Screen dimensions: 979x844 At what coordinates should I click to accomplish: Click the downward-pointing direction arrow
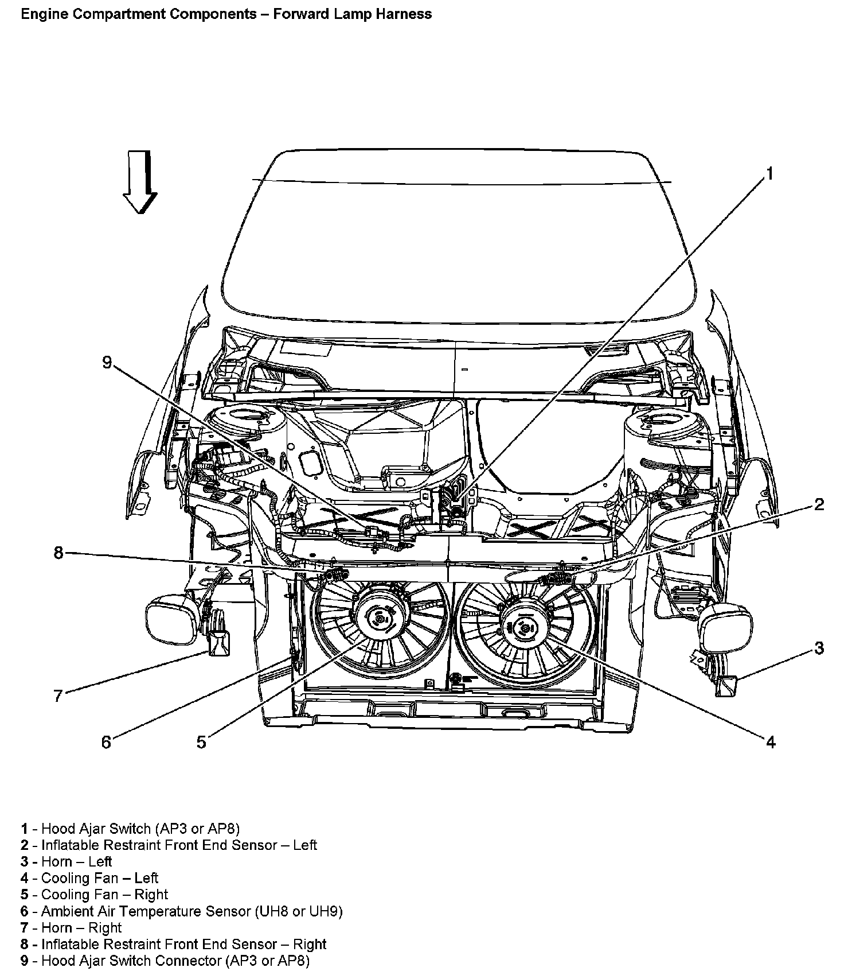pos(140,182)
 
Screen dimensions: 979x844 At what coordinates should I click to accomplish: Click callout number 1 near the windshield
pos(770,173)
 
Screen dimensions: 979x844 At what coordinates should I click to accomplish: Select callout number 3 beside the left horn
pos(819,648)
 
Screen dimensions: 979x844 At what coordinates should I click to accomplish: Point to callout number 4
pos(771,742)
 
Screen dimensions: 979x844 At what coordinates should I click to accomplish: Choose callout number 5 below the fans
pos(201,742)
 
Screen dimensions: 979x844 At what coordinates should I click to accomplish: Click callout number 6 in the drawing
pos(106,742)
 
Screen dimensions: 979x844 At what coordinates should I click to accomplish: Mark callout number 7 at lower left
pos(58,696)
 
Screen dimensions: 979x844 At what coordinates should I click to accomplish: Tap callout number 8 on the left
pos(58,553)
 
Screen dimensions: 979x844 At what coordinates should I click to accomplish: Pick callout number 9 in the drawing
pos(107,363)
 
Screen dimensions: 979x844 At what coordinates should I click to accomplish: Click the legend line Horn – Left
pos(76,861)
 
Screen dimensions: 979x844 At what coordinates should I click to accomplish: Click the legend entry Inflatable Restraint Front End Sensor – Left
pos(179,845)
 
